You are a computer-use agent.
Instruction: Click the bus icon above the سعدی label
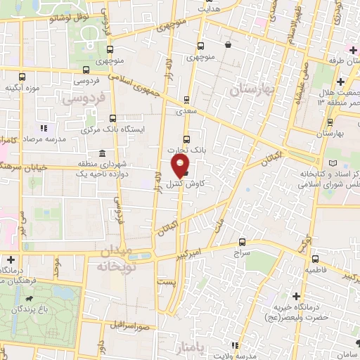pyautogui.click(x=186, y=100)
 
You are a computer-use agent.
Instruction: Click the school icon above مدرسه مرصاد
pyautogui.click(x=44, y=129)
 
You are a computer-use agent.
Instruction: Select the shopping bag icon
pyautogui.click(x=229, y=45)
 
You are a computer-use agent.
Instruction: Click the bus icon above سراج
pyautogui.click(x=243, y=241)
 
